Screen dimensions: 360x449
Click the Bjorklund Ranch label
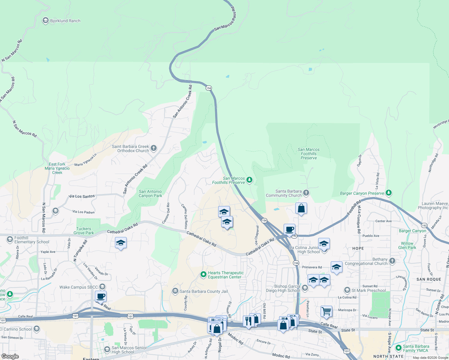click(65, 21)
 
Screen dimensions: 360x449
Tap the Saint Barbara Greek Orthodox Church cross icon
click(154, 148)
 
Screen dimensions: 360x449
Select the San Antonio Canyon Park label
click(150, 193)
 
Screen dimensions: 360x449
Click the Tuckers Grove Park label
click(84, 231)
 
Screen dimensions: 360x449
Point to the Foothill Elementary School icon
click(10, 239)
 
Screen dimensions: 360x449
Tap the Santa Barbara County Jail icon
click(175, 291)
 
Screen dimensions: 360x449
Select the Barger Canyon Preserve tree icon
click(389, 193)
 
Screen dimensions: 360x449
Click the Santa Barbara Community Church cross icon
click(306, 193)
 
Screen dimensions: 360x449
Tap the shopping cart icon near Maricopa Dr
click(326, 311)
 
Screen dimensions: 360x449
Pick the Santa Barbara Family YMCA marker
click(399, 348)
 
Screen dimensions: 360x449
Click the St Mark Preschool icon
click(347, 290)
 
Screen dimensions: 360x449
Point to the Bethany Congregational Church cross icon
click(392, 261)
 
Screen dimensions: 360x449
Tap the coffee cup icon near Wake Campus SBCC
click(101, 296)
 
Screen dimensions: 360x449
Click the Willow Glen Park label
click(407, 245)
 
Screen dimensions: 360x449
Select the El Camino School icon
click(37, 329)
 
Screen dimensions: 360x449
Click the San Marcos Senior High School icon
click(107, 349)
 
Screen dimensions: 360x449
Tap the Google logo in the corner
click(10, 356)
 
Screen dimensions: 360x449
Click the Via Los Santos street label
click(82, 196)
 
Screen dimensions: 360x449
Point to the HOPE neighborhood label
click(358, 248)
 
